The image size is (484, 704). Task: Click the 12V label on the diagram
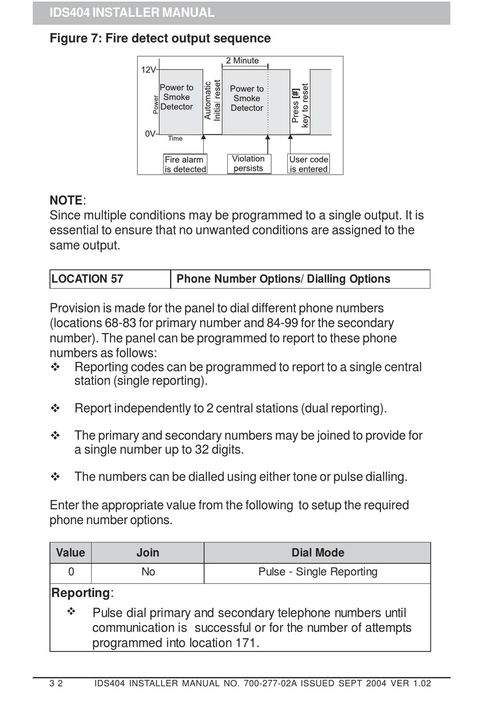tap(148, 70)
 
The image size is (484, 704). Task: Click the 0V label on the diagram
tap(150, 134)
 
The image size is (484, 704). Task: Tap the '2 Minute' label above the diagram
tap(242, 61)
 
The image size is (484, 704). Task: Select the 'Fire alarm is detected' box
tap(185, 164)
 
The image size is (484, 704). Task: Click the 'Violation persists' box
tap(249, 164)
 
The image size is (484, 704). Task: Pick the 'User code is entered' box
tap(309, 164)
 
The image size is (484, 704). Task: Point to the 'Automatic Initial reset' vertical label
tap(212, 100)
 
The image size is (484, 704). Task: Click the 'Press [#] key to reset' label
tap(300, 105)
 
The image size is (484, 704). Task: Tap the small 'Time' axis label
tap(175, 139)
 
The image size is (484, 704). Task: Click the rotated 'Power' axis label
tap(156, 105)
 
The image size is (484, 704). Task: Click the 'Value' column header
tap(70, 553)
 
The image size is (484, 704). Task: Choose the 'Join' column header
tap(148, 553)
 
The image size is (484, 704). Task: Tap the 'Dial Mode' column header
tap(317, 553)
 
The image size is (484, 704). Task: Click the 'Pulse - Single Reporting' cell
tap(317, 572)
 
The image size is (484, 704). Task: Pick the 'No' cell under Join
tap(148, 572)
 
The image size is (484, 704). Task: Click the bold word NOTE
tap(66, 200)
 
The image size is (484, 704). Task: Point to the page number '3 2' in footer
tap(56, 684)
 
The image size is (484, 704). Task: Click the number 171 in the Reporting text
tap(246, 643)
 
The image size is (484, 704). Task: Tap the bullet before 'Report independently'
tap(56, 408)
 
